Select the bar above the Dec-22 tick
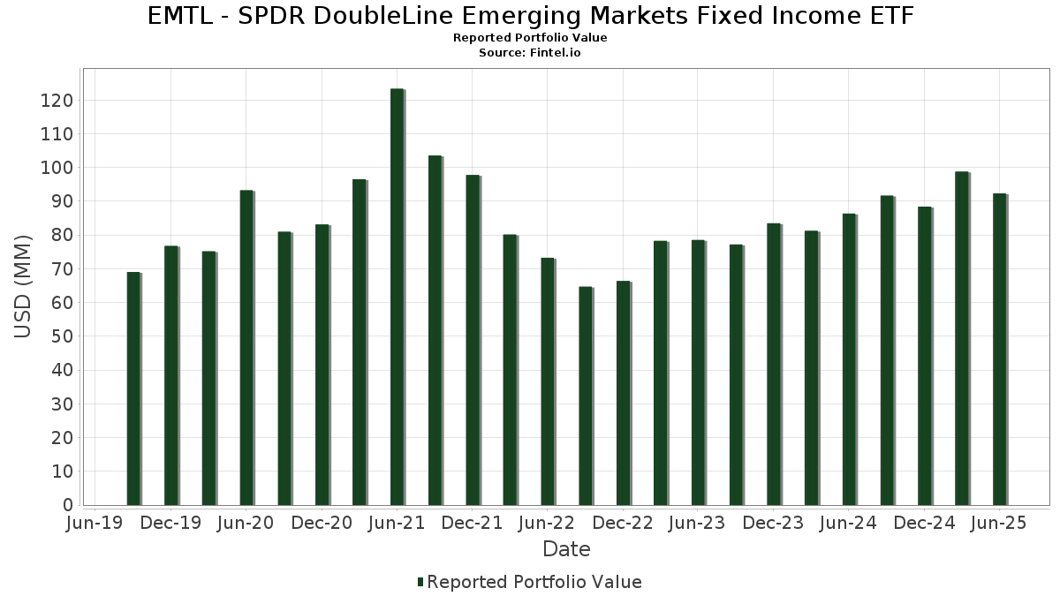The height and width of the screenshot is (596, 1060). click(x=623, y=394)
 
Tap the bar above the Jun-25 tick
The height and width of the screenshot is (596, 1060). click(x=999, y=350)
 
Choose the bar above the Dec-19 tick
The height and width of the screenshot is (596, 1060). click(x=171, y=375)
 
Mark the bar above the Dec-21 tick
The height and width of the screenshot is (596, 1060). click(x=473, y=340)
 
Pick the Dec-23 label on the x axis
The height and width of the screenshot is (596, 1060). click(x=773, y=524)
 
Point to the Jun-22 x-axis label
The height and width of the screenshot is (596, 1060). click(x=548, y=524)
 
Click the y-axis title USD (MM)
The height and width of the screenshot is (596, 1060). click(x=24, y=287)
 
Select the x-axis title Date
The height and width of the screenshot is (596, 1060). click(x=566, y=549)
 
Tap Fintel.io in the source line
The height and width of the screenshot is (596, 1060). click(x=556, y=53)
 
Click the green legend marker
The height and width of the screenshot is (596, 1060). click(x=420, y=582)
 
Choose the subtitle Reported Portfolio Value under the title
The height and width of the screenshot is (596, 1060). click(x=530, y=38)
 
